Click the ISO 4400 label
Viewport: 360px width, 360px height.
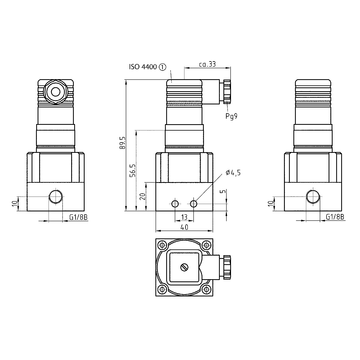[x=143, y=67]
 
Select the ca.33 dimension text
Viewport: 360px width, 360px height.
[x=207, y=64]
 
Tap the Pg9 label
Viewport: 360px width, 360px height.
[x=231, y=116]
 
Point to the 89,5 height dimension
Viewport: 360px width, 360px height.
[x=123, y=143]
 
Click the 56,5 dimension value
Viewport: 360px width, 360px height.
[x=134, y=170]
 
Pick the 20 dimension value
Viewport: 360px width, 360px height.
[x=143, y=196]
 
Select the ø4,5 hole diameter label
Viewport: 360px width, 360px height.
[x=233, y=172]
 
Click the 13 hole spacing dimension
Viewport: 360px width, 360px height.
[x=184, y=217]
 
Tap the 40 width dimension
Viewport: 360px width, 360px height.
[x=184, y=227]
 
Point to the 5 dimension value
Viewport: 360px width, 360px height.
[x=224, y=191]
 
